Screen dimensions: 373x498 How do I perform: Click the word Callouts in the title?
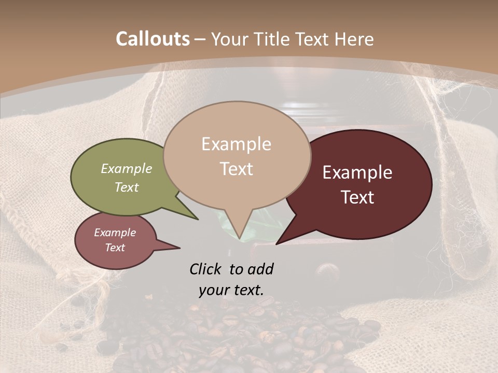point(153,39)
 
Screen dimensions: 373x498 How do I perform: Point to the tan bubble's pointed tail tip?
point(240,239)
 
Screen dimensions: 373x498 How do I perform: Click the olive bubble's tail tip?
point(198,219)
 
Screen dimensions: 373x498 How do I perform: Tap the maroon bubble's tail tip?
point(276,243)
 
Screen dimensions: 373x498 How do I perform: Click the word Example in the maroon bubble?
point(357,173)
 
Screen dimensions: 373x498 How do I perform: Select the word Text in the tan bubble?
point(237,168)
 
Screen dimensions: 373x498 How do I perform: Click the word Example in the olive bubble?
point(127,168)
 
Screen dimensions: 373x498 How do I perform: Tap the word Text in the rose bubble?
point(115,248)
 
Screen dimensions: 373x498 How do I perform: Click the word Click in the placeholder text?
point(206,269)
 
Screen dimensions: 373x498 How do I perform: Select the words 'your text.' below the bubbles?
point(231,290)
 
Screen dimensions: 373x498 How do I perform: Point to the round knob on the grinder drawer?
point(326,270)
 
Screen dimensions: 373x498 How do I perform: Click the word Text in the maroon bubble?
point(358,197)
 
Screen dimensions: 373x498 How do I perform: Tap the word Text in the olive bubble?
point(127,187)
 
